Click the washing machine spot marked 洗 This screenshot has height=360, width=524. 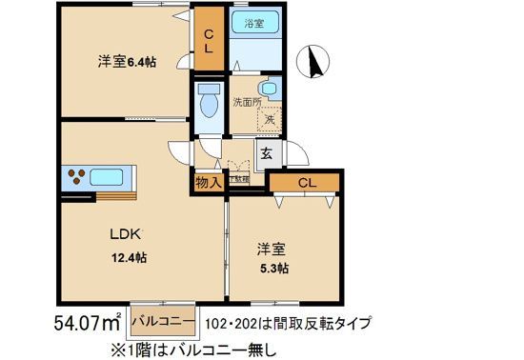[270, 119]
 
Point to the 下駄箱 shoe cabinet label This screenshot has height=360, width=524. [238, 178]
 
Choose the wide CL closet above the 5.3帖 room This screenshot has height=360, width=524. [305, 182]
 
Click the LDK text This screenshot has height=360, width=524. [127, 232]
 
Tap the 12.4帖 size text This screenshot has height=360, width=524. [128, 257]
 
